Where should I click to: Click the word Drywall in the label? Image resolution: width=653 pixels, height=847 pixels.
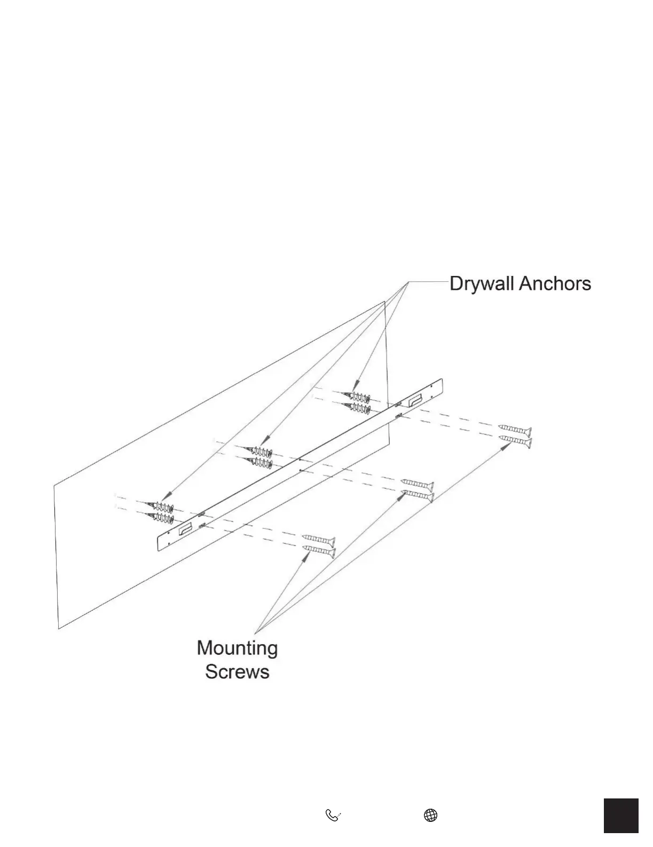coord(482,283)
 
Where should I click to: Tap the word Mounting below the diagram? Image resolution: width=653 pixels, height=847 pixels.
coord(237,648)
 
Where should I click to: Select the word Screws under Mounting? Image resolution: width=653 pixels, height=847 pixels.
coord(237,671)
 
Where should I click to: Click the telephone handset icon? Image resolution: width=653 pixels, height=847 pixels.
coord(333,815)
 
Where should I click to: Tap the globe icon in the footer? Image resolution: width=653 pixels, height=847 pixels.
coord(430,815)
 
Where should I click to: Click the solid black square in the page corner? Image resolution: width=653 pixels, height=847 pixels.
coord(621,815)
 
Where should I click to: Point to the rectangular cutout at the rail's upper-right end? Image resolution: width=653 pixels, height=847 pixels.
coord(415,400)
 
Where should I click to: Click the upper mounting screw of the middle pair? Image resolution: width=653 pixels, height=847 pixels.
coord(417,484)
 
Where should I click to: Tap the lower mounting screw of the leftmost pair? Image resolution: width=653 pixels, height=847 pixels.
coord(319,550)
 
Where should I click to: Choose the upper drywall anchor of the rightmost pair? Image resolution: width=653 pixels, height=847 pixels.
coord(359,398)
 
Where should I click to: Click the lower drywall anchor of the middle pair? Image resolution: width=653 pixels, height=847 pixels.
coord(259,462)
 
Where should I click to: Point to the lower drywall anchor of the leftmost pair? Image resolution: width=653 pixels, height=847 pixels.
coord(162,518)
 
